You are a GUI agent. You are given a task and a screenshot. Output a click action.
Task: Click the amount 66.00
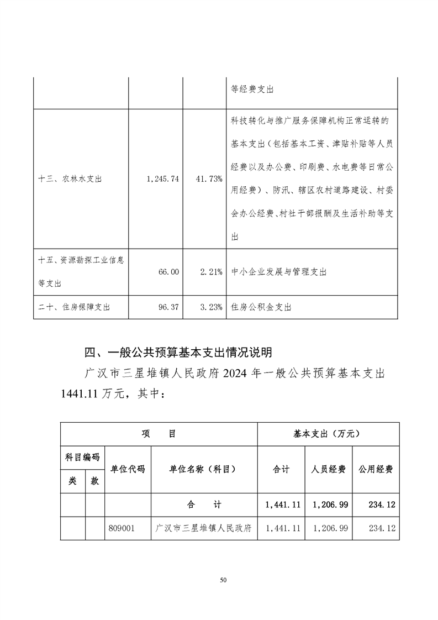pyautogui.click(x=168, y=272)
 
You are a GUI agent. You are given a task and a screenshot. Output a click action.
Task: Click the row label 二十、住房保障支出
pyautogui.click(x=74, y=307)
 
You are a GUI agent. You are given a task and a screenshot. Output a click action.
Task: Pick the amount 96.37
pyautogui.click(x=168, y=307)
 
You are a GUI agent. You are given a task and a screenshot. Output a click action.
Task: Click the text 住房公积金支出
pyautogui.click(x=260, y=307)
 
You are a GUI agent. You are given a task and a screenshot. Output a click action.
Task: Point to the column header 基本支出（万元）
pyautogui.click(x=328, y=434)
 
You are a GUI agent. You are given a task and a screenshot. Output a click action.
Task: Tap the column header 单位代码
pyautogui.click(x=128, y=469)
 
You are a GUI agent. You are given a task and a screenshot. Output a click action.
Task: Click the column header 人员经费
pyautogui.click(x=328, y=469)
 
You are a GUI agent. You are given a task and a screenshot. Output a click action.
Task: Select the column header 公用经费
pyautogui.click(x=376, y=469)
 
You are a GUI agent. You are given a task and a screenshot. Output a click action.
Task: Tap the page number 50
pyautogui.click(x=223, y=580)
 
